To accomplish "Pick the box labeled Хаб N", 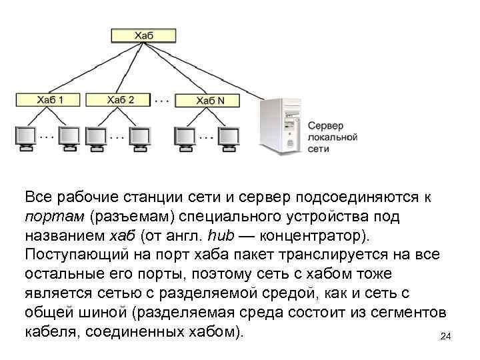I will pos(211,100).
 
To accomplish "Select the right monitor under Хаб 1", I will pos(69,137).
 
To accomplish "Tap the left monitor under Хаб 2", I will pos(95,137).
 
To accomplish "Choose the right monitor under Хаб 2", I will pos(140,137).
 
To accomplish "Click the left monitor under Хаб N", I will pos(186,137).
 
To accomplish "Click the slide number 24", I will pos(446,338).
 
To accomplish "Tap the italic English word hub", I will pos(223,236).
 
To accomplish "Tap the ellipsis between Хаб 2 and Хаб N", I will pos(162,100).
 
